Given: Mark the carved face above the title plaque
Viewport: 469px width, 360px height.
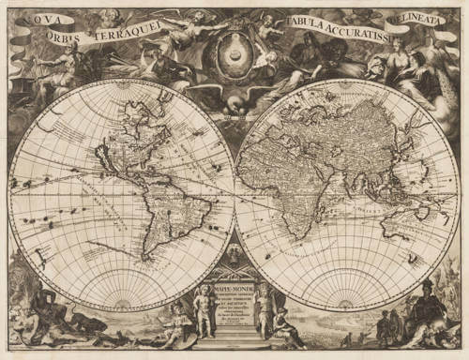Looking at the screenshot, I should pyautogui.click(x=233, y=255).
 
